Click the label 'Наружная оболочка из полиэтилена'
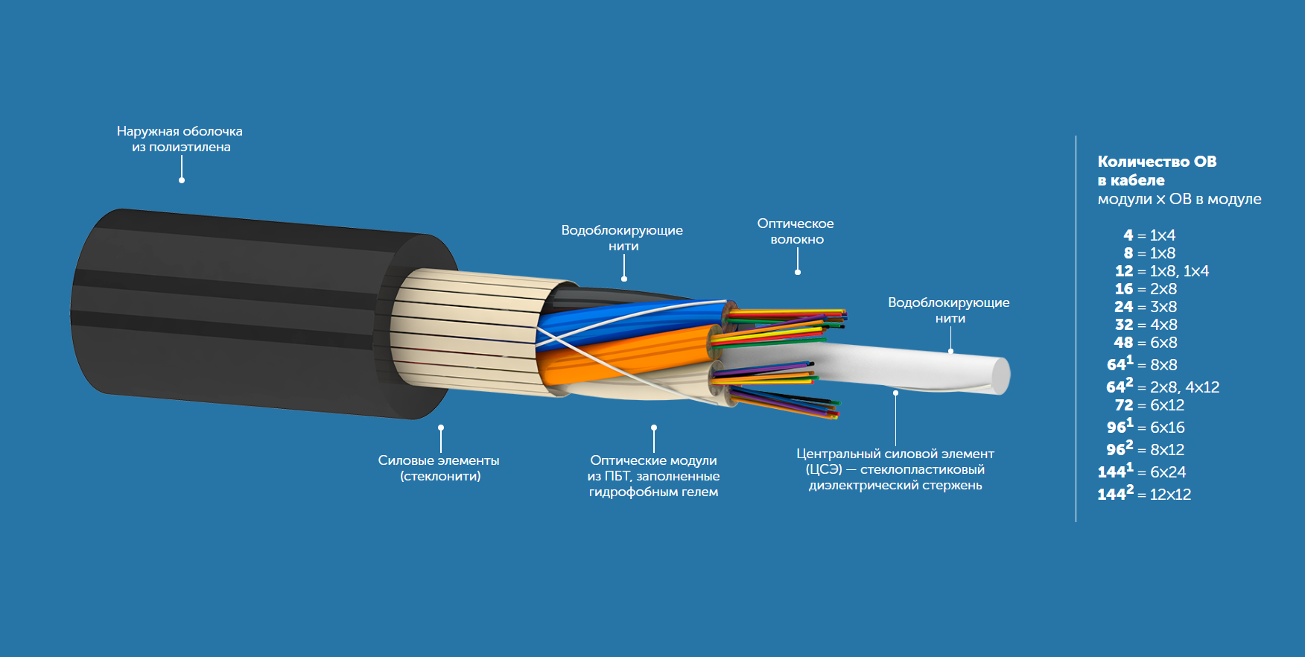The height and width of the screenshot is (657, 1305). [x=180, y=139]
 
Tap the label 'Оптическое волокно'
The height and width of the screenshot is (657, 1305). [x=796, y=231]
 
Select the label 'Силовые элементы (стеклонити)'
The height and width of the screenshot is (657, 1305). [x=439, y=468]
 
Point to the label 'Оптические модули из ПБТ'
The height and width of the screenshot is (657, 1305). [x=653, y=476]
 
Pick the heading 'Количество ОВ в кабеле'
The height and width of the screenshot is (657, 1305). [x=1156, y=171]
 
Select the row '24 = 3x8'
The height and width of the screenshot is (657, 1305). [x=1146, y=307]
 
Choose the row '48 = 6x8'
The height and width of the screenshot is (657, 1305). [x=1146, y=343]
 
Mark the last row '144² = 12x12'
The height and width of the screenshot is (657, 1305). [x=1144, y=494]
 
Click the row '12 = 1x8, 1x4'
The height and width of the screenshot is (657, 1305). [x=1161, y=271]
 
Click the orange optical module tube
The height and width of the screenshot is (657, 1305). [x=626, y=356]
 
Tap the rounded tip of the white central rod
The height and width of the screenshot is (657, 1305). [x=1001, y=375]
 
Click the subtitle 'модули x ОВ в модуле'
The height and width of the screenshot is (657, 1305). [x=1179, y=199]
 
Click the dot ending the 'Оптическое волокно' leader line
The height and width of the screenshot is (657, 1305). [x=798, y=273]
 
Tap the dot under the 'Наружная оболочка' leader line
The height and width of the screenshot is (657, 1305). [x=182, y=180]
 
